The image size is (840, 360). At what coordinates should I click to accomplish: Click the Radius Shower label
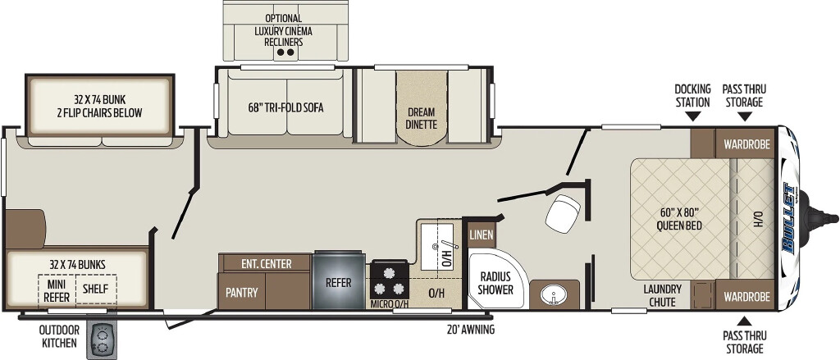pyautogui.click(x=495, y=284)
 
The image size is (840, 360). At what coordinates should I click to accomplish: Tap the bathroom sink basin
pyautogui.click(x=550, y=294)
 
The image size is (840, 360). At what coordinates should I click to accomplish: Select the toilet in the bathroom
pyautogui.click(x=563, y=213)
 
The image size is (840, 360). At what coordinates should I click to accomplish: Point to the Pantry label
pyautogui.click(x=241, y=293)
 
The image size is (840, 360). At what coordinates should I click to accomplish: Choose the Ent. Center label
pyautogui.click(x=267, y=263)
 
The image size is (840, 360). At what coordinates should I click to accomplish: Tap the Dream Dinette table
pyautogui.click(x=422, y=107)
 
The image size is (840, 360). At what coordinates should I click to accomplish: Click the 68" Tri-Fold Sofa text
pyautogui.click(x=285, y=107)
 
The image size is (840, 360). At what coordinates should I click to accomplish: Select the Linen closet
pyautogui.click(x=481, y=235)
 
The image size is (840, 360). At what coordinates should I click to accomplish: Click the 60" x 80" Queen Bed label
pyautogui.click(x=679, y=219)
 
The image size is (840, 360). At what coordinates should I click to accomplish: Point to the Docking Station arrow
pyautogui.click(x=692, y=116)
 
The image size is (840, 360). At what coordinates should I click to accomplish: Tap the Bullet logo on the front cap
pyautogui.click(x=788, y=217)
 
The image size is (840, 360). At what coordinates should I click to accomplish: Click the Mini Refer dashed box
pyautogui.click(x=57, y=289)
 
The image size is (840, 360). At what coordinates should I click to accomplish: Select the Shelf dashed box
pyautogui.click(x=96, y=289)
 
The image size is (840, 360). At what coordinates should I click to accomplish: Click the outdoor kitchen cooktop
pyautogui.click(x=102, y=340)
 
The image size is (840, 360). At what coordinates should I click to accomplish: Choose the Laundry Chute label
pyautogui.click(x=663, y=295)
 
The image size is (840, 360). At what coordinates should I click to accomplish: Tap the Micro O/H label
pyautogui.click(x=390, y=304)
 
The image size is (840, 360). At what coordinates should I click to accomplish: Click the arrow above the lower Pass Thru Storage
pyautogui.click(x=743, y=321)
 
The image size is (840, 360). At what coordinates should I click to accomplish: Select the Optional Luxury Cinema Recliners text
pyautogui.click(x=283, y=30)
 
